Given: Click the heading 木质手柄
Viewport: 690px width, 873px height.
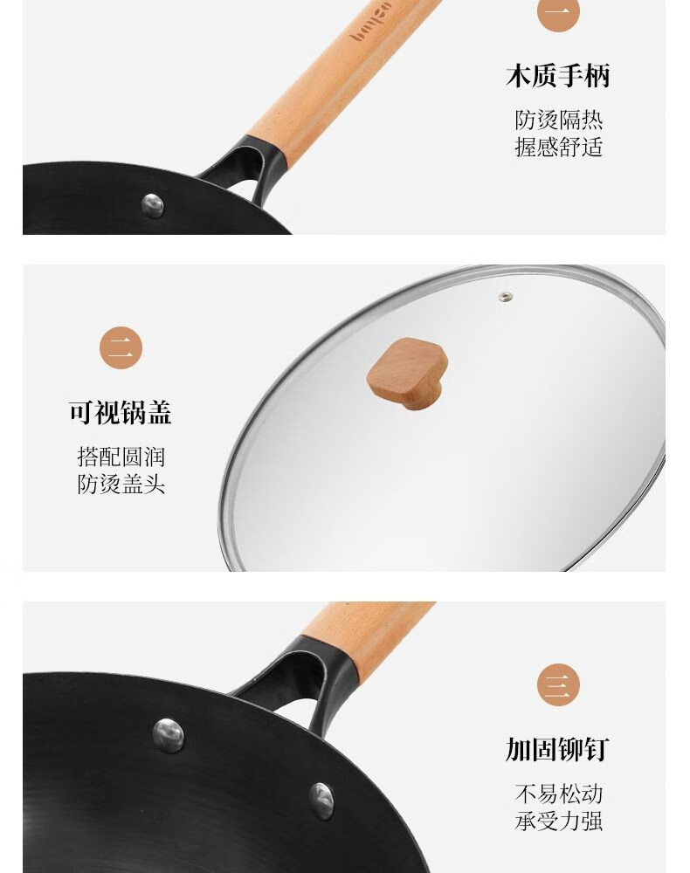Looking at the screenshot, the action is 557,76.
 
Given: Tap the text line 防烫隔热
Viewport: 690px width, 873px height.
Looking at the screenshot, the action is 559,120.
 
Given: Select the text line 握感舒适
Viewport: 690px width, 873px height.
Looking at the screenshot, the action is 559,148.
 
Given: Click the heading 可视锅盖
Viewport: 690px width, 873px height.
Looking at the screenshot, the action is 121,413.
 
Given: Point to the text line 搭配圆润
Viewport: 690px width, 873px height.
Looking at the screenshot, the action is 121,457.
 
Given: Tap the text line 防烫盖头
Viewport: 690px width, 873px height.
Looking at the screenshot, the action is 121,485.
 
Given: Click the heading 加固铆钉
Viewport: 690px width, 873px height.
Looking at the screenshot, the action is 557,749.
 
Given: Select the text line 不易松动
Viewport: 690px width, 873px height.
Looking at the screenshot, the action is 559,794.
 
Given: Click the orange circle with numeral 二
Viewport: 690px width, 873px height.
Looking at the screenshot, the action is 121,348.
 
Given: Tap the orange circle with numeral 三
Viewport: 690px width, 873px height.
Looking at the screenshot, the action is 559,684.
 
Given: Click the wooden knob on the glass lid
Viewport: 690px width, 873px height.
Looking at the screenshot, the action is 408,374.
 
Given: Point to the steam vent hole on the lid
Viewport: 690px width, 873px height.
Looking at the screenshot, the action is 505,297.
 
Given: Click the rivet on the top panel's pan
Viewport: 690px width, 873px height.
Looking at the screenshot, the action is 153,205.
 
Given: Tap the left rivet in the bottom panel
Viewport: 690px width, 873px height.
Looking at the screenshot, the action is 169,735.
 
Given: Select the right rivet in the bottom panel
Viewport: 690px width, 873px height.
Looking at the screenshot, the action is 322,801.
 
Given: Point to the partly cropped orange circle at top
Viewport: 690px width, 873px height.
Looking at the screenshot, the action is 559,15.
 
